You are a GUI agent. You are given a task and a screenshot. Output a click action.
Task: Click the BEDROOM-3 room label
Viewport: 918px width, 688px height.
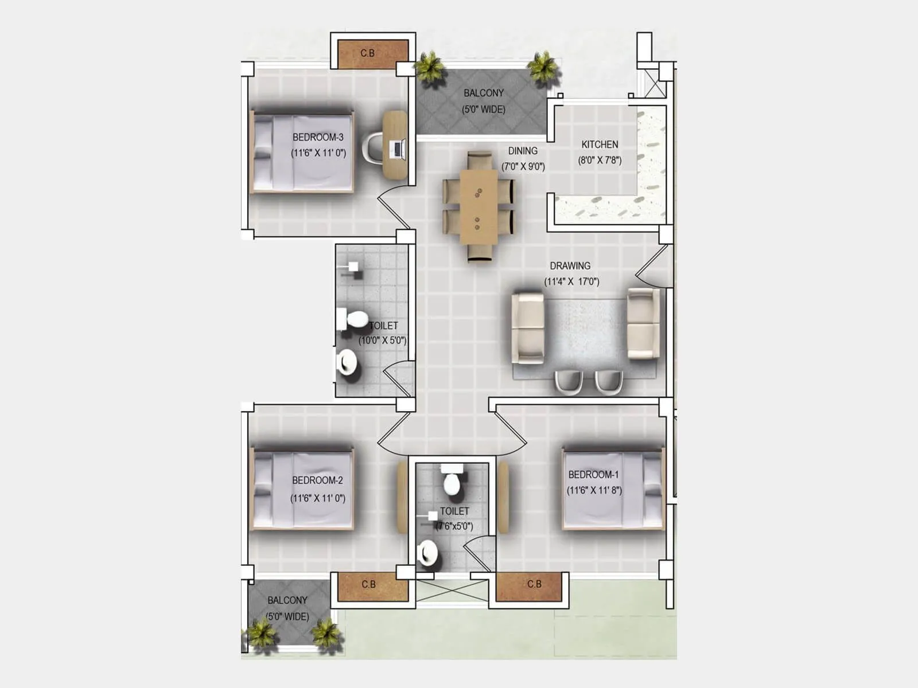pyautogui.click(x=318, y=138)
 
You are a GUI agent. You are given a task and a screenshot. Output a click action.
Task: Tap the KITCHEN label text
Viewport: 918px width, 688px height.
pyautogui.click(x=600, y=144)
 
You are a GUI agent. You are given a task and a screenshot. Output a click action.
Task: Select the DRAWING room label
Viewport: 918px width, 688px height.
pyautogui.click(x=570, y=266)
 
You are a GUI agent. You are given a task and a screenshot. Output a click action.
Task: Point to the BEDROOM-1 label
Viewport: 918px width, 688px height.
pyautogui.click(x=593, y=475)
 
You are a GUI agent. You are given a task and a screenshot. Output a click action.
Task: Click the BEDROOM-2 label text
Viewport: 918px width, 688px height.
pyautogui.click(x=317, y=480)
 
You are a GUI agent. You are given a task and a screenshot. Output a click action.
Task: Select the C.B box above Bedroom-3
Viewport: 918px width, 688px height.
pyautogui.click(x=368, y=53)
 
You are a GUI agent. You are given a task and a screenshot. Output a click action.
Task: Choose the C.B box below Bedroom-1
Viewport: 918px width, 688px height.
pyautogui.click(x=534, y=584)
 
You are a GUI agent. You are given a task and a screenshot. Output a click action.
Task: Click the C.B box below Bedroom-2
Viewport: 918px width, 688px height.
pyautogui.click(x=368, y=585)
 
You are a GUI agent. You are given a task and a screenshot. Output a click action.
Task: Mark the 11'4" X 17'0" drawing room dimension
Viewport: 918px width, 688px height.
pyautogui.click(x=571, y=282)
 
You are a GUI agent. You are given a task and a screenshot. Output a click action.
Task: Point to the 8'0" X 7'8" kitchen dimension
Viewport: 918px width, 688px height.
pyautogui.click(x=600, y=161)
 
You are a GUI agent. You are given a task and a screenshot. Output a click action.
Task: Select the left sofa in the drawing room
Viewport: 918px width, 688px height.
pyautogui.click(x=527, y=327)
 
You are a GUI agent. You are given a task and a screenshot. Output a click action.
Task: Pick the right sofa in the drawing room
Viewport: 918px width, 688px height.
pyautogui.click(x=643, y=324)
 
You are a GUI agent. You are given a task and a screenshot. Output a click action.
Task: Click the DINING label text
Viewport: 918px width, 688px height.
pyautogui.click(x=523, y=151)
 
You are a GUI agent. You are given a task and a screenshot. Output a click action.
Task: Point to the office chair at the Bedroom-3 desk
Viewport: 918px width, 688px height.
pyautogui.click(x=372, y=148)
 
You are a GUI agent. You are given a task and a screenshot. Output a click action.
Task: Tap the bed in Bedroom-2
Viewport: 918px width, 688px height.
pyautogui.click(x=302, y=490)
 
